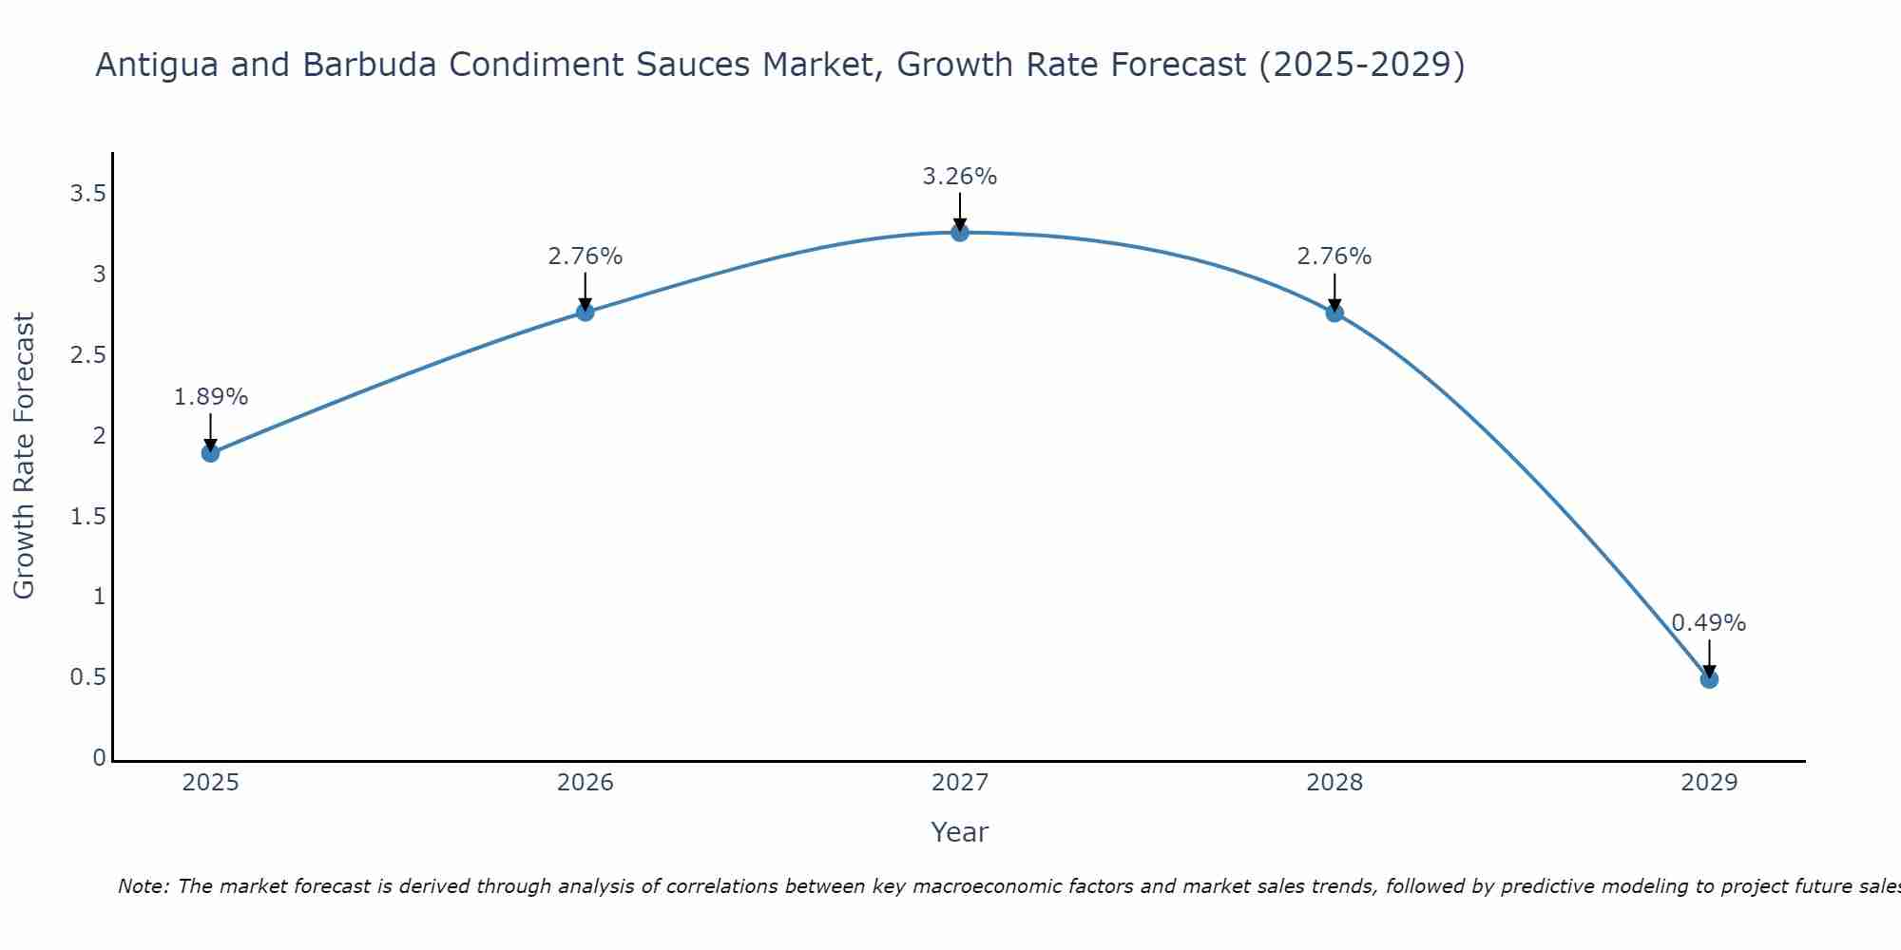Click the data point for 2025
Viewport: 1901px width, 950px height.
210,453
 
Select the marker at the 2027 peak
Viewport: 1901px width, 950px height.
960,233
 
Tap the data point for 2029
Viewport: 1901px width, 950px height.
1709,679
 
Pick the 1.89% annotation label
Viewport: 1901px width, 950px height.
210,397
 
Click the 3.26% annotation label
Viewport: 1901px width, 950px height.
960,177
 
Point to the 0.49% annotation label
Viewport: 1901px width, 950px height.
1709,623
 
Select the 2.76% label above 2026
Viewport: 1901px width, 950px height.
586,256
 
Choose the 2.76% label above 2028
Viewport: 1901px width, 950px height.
1335,256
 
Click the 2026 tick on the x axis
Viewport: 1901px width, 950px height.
586,783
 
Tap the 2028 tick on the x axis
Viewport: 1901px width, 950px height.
1335,783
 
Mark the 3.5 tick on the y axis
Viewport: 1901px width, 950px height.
87,195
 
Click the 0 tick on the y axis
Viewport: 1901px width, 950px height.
99,758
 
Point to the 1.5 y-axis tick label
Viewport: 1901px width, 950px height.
87,517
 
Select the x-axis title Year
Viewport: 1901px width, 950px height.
960,832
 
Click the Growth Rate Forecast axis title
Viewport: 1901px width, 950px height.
24,456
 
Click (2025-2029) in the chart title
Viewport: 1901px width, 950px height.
1361,66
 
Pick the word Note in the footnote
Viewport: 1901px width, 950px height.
143,886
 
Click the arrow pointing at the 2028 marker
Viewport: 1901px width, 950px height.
1335,293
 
